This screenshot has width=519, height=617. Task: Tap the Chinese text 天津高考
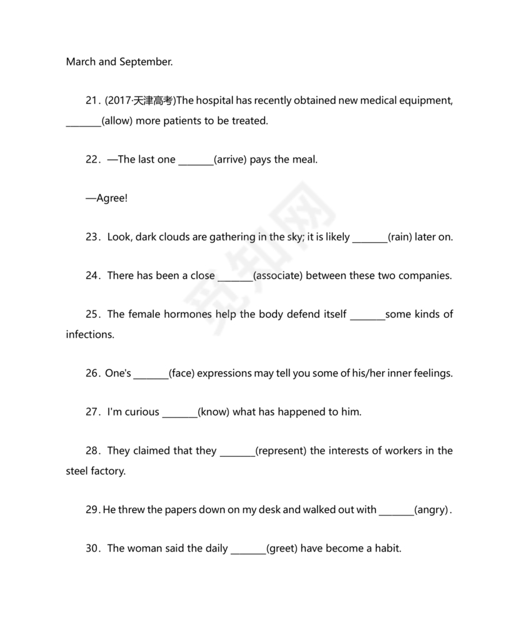click(154, 101)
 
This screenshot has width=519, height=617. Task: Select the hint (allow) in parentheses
click(117, 121)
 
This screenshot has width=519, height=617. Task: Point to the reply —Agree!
click(107, 198)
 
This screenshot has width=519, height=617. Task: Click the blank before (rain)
click(370, 238)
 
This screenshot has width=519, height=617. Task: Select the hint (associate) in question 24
click(278, 276)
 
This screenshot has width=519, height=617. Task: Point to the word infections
click(90, 335)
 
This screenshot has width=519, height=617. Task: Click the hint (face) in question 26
click(183, 374)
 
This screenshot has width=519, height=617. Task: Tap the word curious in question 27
click(142, 412)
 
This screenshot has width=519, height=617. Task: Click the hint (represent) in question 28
click(281, 451)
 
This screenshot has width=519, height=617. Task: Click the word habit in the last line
click(387, 549)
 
